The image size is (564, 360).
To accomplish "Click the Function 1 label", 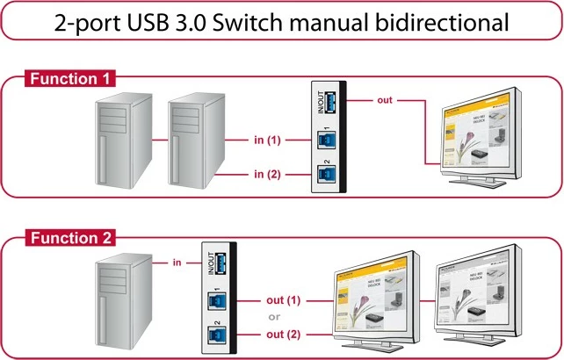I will (69, 79).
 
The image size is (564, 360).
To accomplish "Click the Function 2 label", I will (69, 238).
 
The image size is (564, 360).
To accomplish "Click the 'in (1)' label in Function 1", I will (267, 140).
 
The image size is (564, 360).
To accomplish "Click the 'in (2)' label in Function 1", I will (267, 174).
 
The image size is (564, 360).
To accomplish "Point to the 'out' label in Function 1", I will (385, 99).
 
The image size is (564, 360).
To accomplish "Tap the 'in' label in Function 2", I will (177, 261).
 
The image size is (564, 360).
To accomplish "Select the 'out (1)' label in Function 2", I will (282, 300).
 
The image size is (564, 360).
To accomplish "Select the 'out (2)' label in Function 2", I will (282, 335).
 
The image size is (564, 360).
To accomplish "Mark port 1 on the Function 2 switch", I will (213, 301).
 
